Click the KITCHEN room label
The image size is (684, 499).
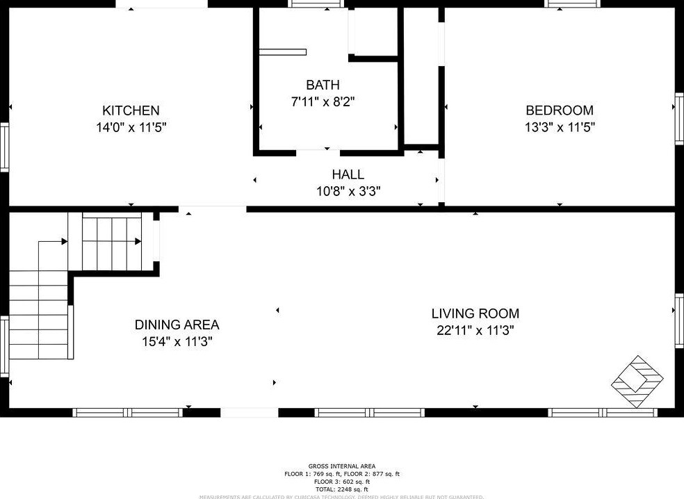131,111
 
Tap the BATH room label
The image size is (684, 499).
323,85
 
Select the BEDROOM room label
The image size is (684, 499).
560,111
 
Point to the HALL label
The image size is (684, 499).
348,174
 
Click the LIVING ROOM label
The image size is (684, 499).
475,313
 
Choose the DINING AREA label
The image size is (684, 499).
177,325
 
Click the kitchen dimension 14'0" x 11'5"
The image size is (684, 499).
131,127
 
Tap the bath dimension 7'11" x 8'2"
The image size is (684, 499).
323,102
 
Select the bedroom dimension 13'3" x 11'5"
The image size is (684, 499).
560,127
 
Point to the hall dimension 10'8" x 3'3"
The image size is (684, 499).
348,190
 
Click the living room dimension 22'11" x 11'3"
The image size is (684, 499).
475,331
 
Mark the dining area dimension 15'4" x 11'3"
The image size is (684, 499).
177,341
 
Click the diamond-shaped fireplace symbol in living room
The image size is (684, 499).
637,382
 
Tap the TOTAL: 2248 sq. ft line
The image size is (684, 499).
342,489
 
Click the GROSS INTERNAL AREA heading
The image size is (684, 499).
342,466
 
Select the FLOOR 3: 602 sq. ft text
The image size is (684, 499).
342,482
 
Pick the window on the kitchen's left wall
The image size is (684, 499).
4,147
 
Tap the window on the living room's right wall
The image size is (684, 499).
678,319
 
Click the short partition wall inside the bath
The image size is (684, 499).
283,51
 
